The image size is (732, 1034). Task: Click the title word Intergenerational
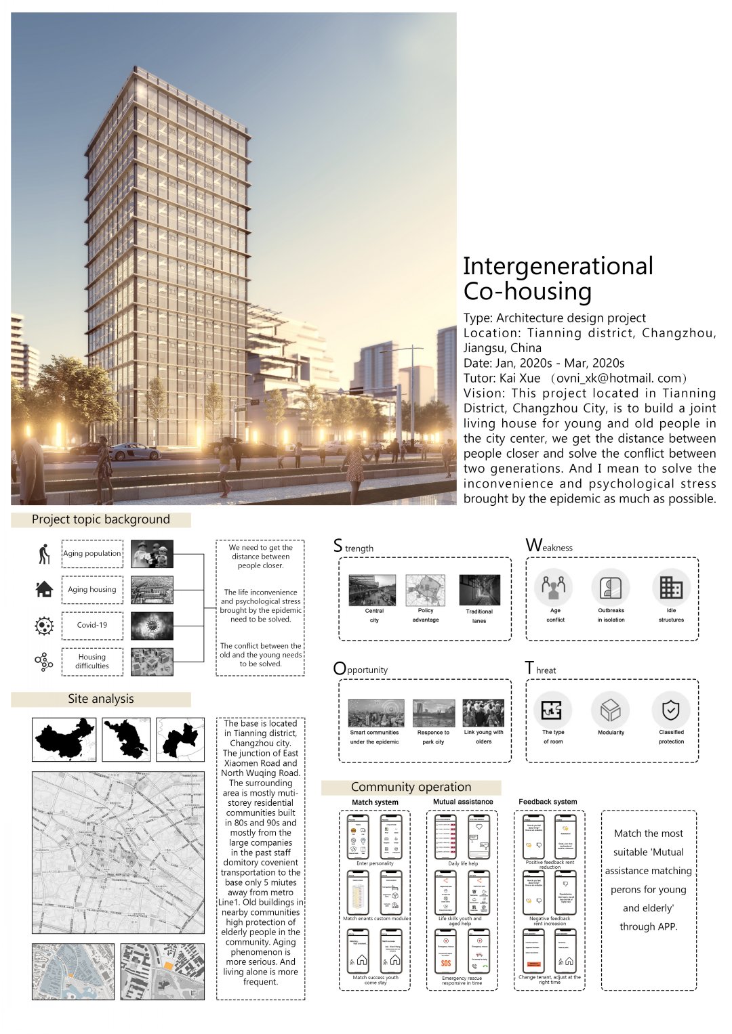(x=558, y=266)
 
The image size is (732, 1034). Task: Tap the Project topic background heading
(x=101, y=519)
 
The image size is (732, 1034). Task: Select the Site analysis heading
(x=101, y=699)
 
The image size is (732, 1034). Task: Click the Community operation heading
(x=411, y=787)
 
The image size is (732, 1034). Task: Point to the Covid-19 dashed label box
(x=92, y=625)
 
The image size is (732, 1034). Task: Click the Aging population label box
(x=92, y=553)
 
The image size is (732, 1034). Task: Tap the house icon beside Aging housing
(x=44, y=589)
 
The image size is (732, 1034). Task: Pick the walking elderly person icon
(x=44, y=553)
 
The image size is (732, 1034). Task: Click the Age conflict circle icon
(x=554, y=587)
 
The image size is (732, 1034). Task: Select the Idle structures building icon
(x=671, y=587)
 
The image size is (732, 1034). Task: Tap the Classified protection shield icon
(x=670, y=710)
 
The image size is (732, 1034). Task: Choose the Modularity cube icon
(x=611, y=710)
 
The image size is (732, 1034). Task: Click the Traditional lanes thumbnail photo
(x=479, y=590)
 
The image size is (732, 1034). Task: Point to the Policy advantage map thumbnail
(x=426, y=590)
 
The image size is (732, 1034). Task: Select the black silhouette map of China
(x=64, y=739)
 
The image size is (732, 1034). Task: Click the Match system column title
(x=375, y=802)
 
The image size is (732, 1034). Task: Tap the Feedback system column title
(x=548, y=802)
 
